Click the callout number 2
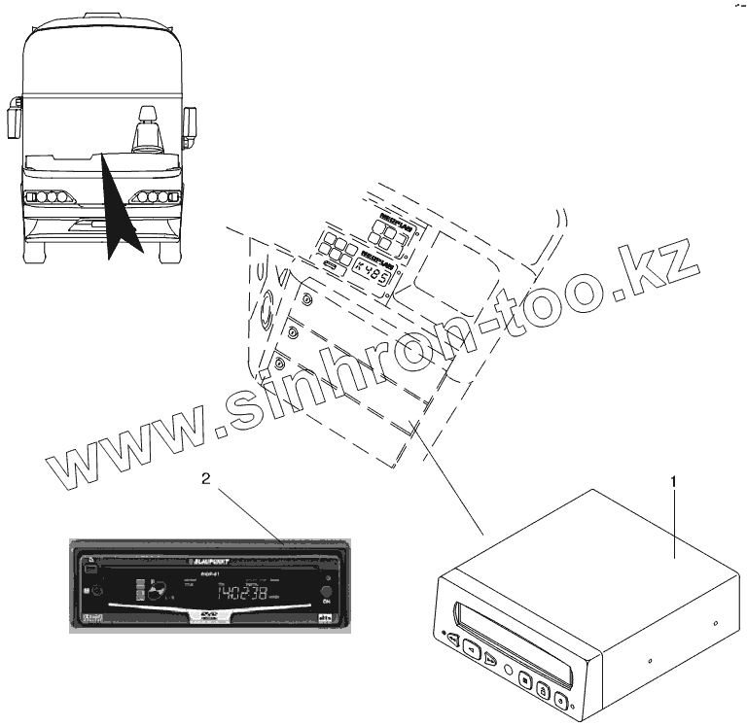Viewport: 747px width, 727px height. (205, 478)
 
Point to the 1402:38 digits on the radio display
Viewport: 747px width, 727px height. (242, 593)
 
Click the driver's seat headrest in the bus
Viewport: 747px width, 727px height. (148, 115)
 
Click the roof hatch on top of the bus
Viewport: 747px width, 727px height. (101, 16)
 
